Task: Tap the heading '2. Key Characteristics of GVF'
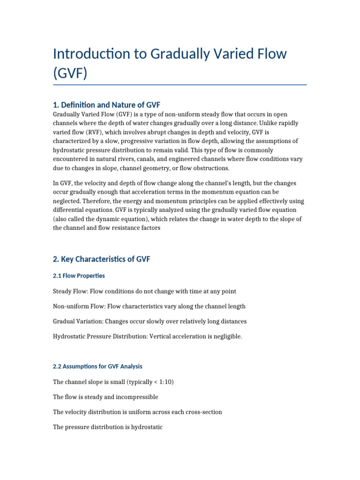[101, 259]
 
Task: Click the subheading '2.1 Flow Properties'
[79, 276]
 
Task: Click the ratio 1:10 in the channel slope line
[164, 382]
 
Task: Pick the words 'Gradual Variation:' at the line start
[78, 322]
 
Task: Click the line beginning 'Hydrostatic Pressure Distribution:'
[147, 337]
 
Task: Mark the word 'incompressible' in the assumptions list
[138, 397]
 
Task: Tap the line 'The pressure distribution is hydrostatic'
[108, 427]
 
